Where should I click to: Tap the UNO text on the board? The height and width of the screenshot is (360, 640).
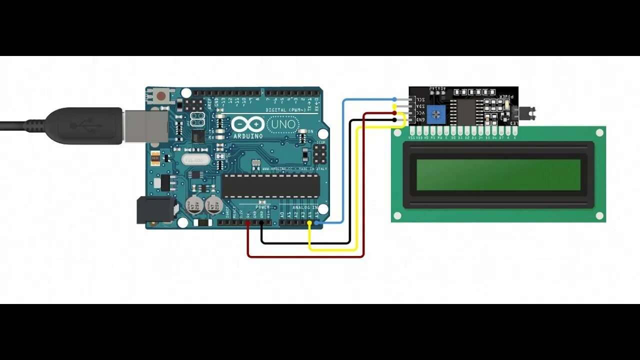tap(283, 123)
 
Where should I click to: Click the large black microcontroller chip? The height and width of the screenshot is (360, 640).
tap(270, 185)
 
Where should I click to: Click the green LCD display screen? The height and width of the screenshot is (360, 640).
tap(498, 175)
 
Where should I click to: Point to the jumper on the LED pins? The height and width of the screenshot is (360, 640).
tap(527, 113)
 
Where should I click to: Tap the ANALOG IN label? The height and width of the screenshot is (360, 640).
tap(304, 207)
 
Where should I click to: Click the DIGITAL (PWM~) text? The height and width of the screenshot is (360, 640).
tap(282, 110)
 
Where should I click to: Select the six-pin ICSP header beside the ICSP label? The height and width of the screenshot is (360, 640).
tap(318, 156)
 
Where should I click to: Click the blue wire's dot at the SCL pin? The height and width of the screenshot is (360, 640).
tap(394, 99)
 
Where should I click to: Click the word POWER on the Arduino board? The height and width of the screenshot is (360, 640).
tap(262, 207)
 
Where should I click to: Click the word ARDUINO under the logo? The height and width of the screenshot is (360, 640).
tap(247, 136)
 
